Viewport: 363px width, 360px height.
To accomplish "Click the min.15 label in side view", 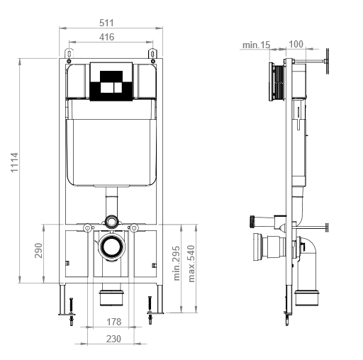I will (x=256, y=45).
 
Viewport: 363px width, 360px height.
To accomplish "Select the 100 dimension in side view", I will (x=296, y=45).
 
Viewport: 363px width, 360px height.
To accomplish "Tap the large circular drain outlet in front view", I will (x=111, y=246).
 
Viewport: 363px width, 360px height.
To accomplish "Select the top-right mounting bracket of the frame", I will (x=151, y=54).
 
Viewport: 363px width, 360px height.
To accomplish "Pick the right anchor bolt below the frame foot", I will (x=149, y=310).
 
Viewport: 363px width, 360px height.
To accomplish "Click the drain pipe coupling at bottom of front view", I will (x=111, y=295).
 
